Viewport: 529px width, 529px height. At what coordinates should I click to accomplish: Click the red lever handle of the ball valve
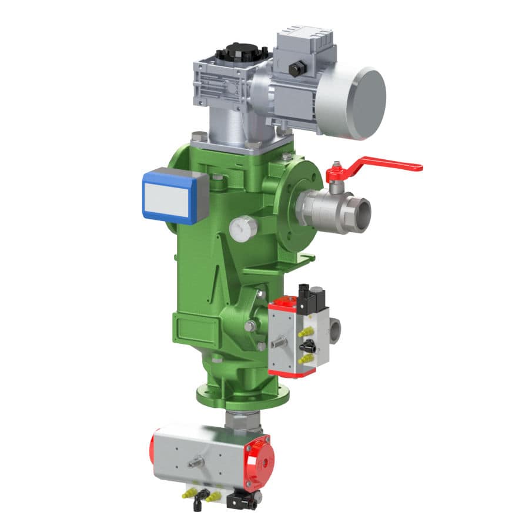click(x=388, y=163)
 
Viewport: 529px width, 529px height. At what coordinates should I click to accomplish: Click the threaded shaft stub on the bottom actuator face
click(x=193, y=464)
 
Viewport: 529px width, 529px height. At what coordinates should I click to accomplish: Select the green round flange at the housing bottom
click(x=242, y=395)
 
